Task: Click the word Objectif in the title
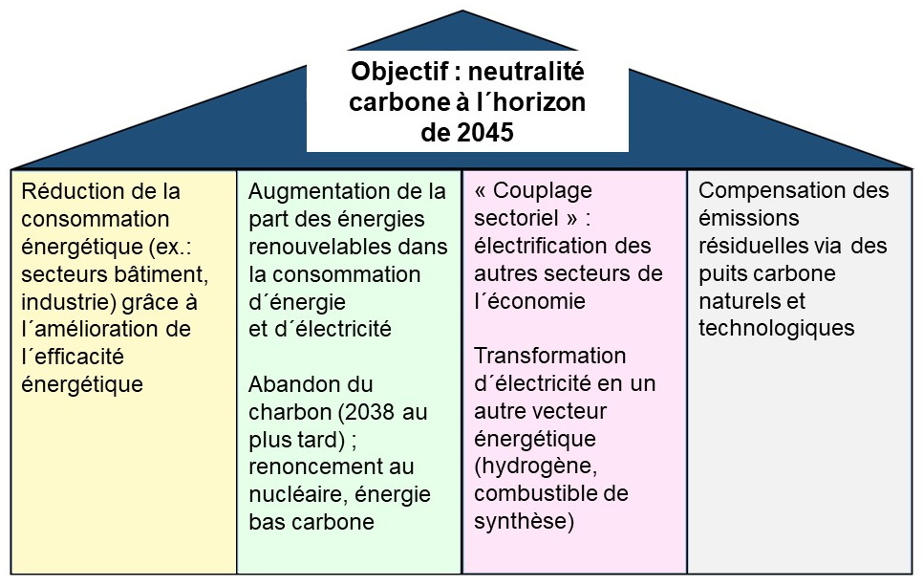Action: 399,73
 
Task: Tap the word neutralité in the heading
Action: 526,72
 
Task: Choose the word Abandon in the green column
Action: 286,384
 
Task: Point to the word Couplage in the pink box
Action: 543,191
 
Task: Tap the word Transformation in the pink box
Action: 549,356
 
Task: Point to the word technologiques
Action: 777,329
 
